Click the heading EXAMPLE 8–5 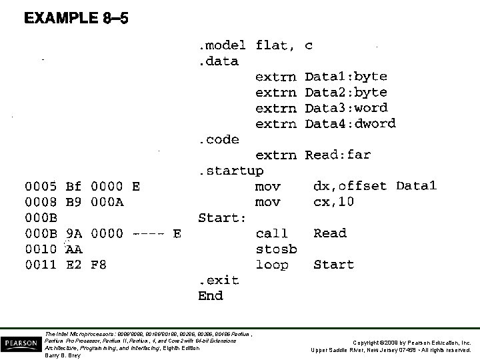point(76,19)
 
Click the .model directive point(223,45)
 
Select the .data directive point(216,61)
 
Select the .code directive point(216,139)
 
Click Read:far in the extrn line point(337,155)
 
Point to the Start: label point(222,217)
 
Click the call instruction point(271,233)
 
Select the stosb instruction point(275,249)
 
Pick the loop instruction point(271,265)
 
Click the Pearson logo point(21,343)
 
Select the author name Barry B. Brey point(62,355)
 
